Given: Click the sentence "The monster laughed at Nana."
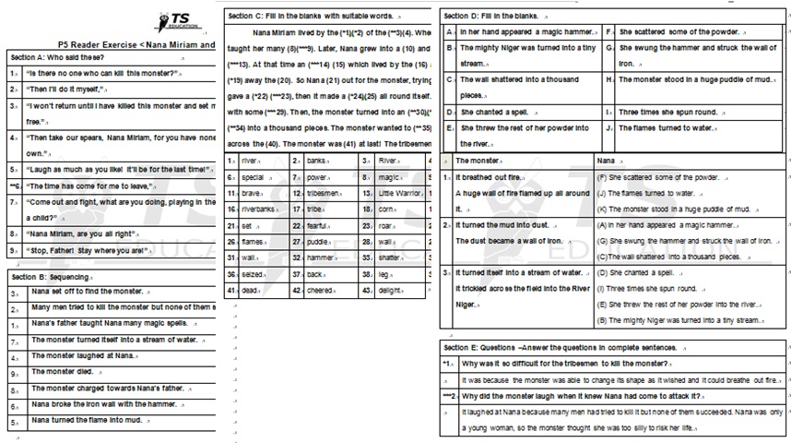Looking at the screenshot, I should click(83, 355).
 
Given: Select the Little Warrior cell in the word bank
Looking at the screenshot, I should click(398, 194).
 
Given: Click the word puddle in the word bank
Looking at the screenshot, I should click(319, 242).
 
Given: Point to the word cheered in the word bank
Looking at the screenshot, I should click(321, 290).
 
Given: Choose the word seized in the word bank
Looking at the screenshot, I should click(252, 274).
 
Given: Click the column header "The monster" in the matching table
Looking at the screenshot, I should click(477, 161).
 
